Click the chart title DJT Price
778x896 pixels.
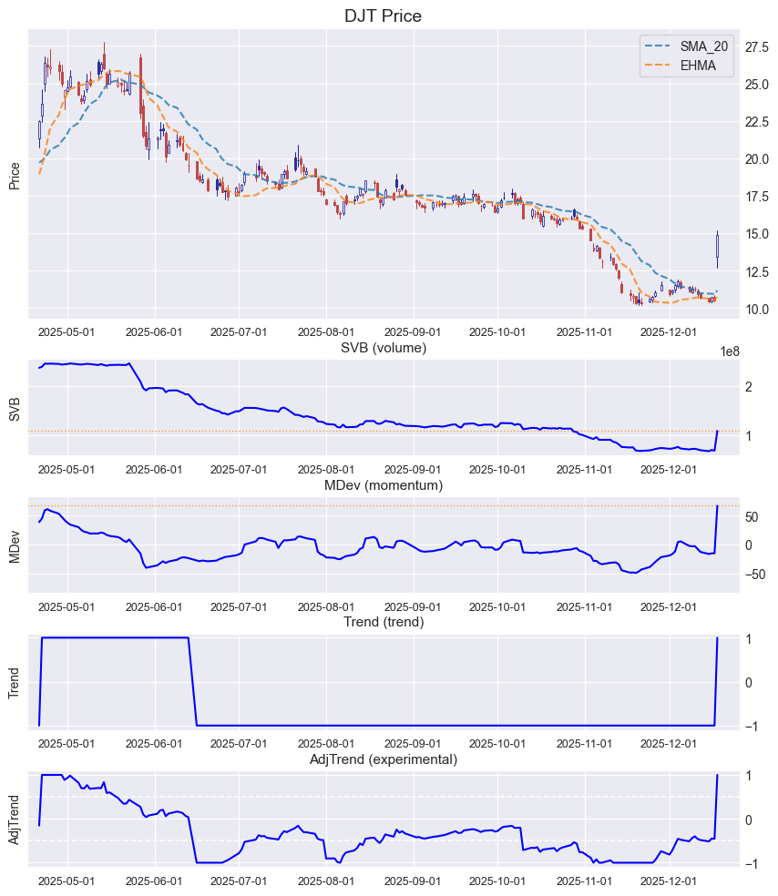[x=383, y=16]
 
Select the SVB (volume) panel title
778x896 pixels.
[x=383, y=348]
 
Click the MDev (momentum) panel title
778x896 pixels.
[x=383, y=486]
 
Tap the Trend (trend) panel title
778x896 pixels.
[x=383, y=623]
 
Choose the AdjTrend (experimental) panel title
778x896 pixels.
[x=383, y=759]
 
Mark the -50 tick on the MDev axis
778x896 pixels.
[x=753, y=575]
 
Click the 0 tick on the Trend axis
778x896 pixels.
[x=750, y=683]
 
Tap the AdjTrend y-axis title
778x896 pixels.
[x=15, y=820]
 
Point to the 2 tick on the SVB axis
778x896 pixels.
[x=749, y=387]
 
